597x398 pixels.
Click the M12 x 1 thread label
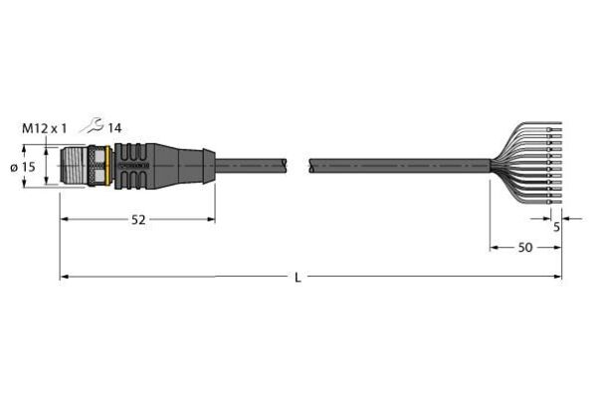[44, 128]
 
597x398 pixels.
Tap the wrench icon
[92, 125]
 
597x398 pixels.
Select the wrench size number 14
[114, 128]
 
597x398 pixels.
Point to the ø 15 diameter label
[23, 167]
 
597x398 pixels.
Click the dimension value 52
[138, 220]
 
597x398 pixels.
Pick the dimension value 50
[525, 248]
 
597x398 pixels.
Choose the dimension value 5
[556, 228]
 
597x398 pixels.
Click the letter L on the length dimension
[298, 278]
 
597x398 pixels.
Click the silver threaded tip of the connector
[74, 167]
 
